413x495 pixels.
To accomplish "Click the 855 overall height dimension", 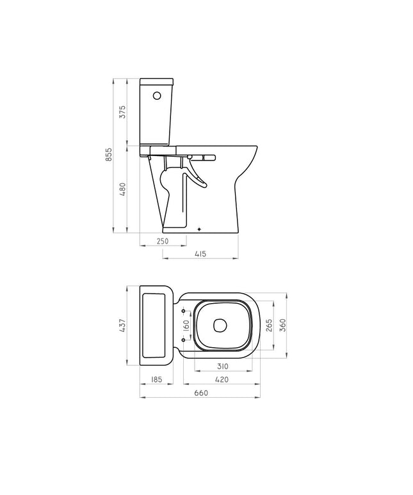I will tap(109, 155).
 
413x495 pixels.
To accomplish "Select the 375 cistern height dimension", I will tap(122, 112).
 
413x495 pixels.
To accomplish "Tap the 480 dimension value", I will tap(122, 189).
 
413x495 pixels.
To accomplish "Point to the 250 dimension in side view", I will tap(162, 241).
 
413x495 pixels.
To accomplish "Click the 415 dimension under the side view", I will tap(199, 254).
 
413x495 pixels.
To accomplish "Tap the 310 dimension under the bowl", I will tap(222, 366).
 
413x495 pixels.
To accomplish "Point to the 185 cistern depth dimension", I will tap(156, 379).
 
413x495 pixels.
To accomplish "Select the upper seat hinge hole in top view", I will tap(184, 311).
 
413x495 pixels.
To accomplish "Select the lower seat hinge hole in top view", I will tap(184, 340).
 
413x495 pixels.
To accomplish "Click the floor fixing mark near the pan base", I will tap(200, 227).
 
